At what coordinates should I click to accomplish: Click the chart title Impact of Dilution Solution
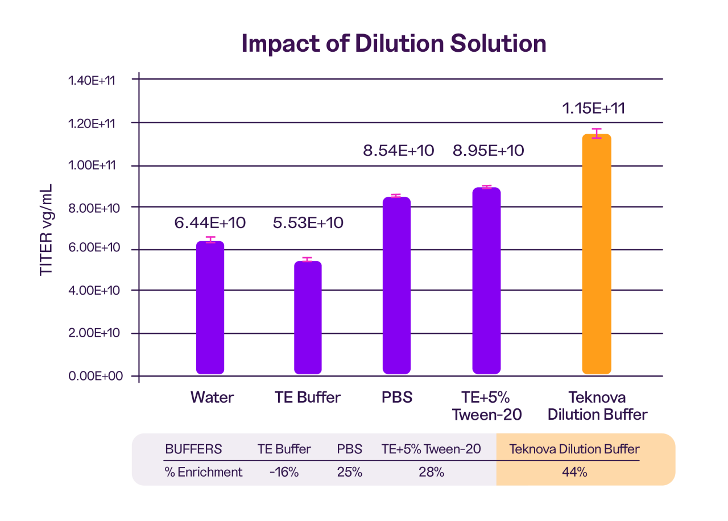tap(394, 44)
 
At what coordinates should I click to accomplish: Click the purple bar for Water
tap(210, 308)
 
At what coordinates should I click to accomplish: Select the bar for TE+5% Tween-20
tap(486, 281)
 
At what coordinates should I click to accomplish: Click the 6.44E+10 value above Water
tap(210, 222)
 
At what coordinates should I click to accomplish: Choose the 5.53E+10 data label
tap(308, 222)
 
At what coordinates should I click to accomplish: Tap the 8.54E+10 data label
tap(398, 151)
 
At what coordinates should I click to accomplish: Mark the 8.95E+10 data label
tap(488, 151)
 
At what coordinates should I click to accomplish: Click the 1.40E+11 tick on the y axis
tap(92, 80)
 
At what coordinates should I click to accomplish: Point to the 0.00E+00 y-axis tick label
tap(92, 377)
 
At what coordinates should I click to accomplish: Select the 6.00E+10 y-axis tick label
tap(92, 249)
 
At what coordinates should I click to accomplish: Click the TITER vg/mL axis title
tap(46, 230)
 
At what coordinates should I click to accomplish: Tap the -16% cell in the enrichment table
tap(284, 472)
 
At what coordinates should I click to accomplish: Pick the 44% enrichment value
tap(574, 472)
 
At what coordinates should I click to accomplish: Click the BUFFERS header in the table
tap(193, 449)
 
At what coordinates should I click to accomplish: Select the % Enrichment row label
tap(203, 472)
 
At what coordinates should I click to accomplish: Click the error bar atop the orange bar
tap(597, 134)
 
